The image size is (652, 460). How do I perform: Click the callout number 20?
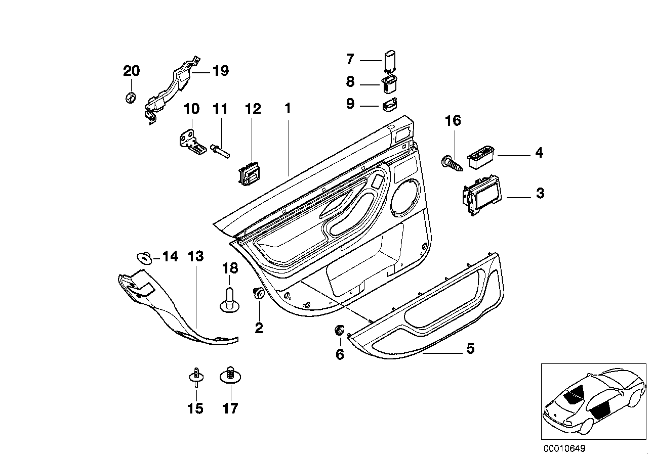(131, 71)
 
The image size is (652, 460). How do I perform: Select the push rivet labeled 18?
(230, 298)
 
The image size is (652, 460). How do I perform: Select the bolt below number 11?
(221, 150)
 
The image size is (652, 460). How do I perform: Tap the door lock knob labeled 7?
(389, 60)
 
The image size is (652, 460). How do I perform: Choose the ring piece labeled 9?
(389, 106)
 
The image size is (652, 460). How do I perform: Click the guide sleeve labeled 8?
(389, 83)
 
